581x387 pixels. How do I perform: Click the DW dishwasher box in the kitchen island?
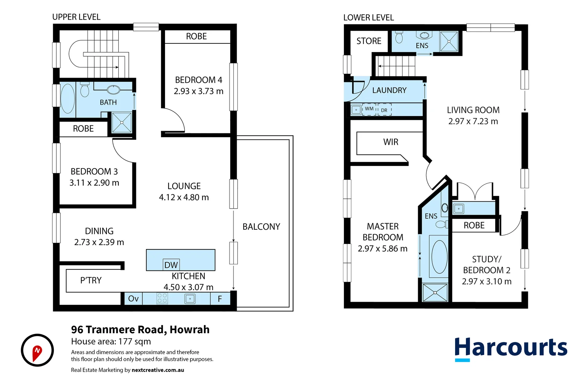(x=171, y=264)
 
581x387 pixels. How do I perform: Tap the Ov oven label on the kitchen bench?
(x=133, y=298)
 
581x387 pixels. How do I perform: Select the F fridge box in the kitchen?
(x=220, y=298)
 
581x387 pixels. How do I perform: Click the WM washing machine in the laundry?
(x=369, y=109)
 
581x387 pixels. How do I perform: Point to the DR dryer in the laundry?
(x=384, y=110)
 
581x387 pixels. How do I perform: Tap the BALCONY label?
(x=261, y=227)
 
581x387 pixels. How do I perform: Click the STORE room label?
(x=369, y=41)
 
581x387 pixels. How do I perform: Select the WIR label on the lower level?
(x=391, y=142)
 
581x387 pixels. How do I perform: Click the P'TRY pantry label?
(x=91, y=280)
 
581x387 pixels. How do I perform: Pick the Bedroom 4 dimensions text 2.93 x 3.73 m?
(x=198, y=91)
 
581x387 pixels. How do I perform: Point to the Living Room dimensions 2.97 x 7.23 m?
(x=473, y=121)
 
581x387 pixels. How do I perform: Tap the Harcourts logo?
(x=511, y=349)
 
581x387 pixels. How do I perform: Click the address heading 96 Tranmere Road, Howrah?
(x=140, y=330)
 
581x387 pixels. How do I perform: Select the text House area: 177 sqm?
(x=111, y=341)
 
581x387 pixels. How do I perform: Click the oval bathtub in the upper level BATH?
(x=68, y=99)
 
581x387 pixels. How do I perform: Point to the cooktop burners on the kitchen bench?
(x=162, y=298)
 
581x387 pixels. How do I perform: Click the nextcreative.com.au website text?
(x=158, y=370)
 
